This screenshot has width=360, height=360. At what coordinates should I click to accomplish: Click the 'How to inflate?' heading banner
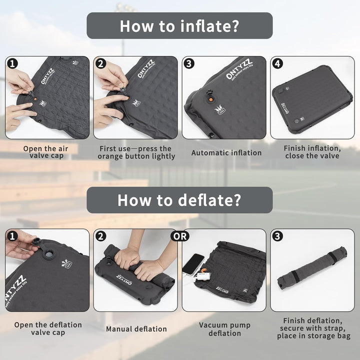[179, 25]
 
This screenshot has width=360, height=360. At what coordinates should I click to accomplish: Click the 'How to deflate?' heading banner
[179, 200]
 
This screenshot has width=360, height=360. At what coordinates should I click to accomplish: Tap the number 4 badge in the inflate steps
[277, 63]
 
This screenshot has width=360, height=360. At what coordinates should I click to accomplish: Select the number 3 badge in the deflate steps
[277, 236]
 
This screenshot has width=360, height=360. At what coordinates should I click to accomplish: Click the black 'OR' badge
[180, 236]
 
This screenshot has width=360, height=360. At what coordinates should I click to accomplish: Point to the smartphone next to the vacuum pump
[193, 264]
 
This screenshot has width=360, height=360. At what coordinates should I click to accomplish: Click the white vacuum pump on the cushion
[202, 275]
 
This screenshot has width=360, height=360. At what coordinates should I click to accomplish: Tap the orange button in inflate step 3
[210, 99]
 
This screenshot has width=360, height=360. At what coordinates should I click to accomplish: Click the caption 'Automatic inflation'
[226, 152]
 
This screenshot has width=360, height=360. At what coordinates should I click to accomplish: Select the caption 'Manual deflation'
[136, 329]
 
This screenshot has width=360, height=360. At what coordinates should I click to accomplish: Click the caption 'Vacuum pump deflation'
[224, 329]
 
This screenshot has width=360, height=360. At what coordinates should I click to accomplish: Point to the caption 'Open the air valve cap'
[46, 152]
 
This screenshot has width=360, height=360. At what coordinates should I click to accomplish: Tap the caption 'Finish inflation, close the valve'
[312, 152]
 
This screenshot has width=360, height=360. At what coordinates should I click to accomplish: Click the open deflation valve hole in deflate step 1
[48, 254]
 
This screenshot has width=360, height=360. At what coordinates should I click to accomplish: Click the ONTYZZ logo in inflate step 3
[239, 69]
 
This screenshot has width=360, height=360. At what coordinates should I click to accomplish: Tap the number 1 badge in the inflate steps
[12, 63]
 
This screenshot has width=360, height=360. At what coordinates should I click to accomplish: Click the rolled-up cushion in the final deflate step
[312, 268]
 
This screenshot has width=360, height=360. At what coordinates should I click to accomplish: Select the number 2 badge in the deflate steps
[100, 236]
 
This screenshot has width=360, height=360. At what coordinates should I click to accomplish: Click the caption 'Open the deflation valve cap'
[48, 328]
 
